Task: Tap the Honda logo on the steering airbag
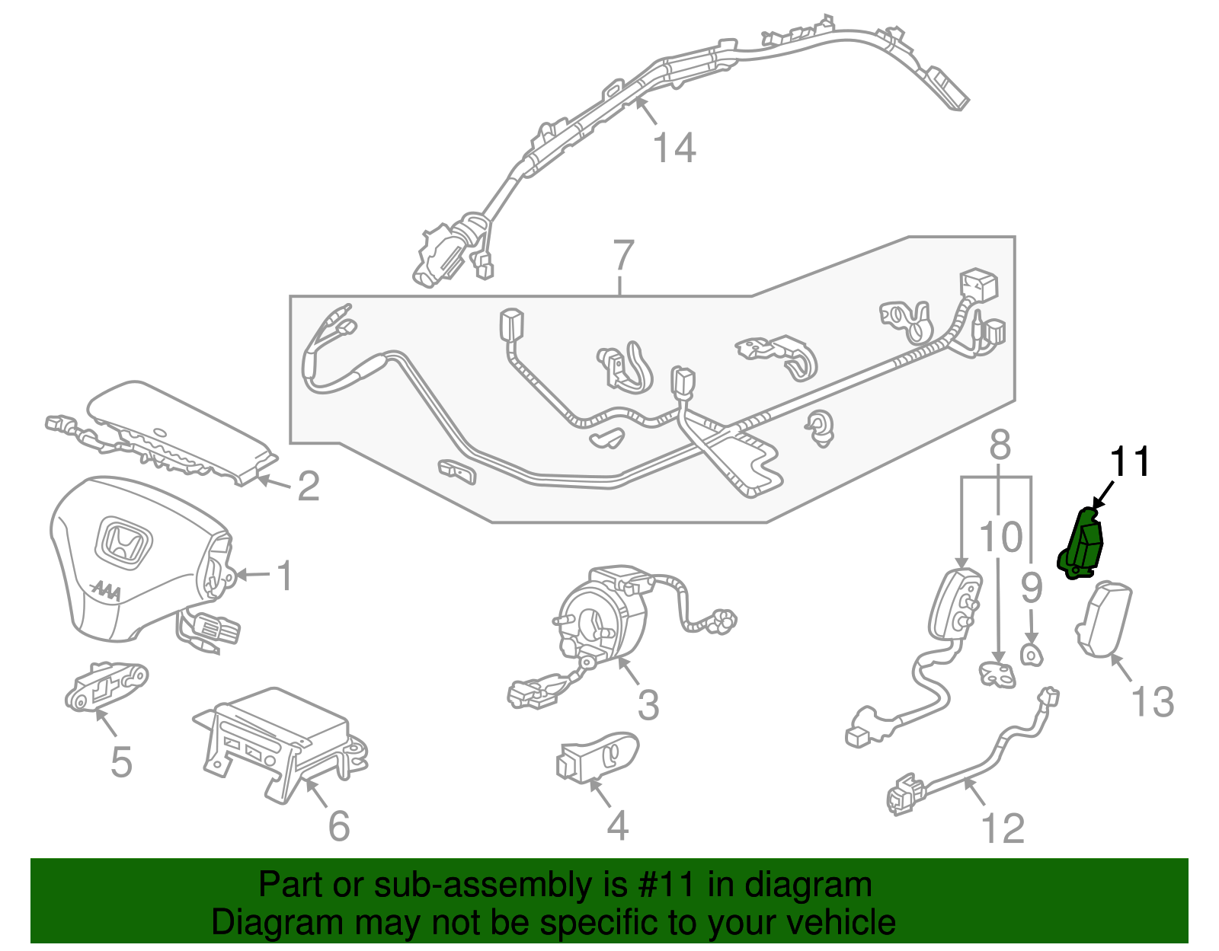click(x=124, y=544)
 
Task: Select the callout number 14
click(x=674, y=148)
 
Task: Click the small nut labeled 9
click(x=1030, y=654)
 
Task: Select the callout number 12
click(x=1003, y=828)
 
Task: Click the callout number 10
click(x=1000, y=538)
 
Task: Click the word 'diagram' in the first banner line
click(x=808, y=886)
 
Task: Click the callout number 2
click(x=308, y=487)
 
